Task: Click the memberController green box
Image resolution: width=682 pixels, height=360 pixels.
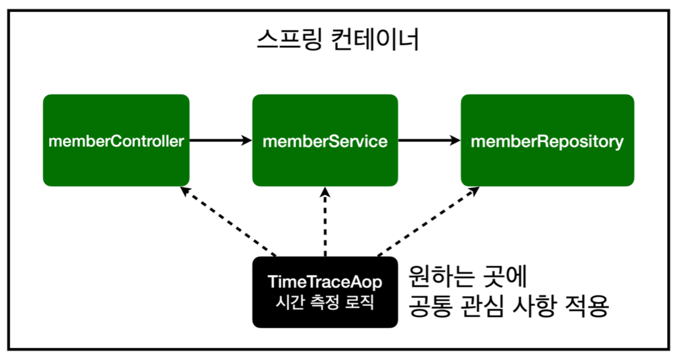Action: click(x=116, y=140)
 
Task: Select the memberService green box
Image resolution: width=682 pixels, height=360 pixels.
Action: click(x=325, y=140)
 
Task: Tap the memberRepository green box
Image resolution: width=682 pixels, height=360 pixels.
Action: click(x=547, y=140)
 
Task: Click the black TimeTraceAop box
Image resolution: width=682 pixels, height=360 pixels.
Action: click(x=325, y=292)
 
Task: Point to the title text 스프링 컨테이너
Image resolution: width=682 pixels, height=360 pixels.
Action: click(x=338, y=41)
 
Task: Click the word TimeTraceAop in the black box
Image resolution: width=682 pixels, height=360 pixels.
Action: click(x=325, y=282)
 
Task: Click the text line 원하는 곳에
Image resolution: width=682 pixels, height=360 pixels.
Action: click(x=467, y=278)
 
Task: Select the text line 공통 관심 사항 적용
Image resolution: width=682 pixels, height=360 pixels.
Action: click(x=508, y=306)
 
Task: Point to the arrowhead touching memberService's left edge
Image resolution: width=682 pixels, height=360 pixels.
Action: click(x=246, y=140)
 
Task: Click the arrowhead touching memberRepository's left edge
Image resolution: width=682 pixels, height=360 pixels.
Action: click(x=455, y=140)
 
